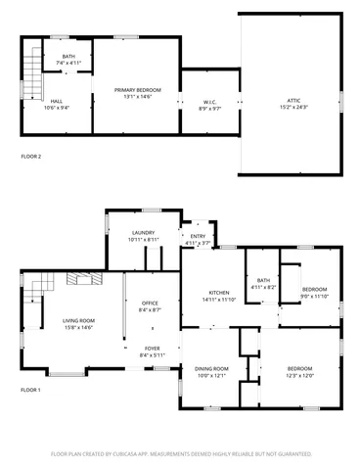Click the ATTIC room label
click(x=292, y=99)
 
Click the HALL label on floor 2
click(x=57, y=101)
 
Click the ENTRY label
click(x=199, y=236)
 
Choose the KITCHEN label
click(x=218, y=294)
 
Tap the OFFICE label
click(x=150, y=304)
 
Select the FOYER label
click(x=153, y=348)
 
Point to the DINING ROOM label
click(x=211, y=368)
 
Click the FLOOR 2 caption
click(x=31, y=156)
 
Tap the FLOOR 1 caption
click(x=31, y=390)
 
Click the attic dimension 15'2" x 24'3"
click(x=292, y=106)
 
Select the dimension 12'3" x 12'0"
click(x=299, y=375)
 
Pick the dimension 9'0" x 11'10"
click(x=314, y=297)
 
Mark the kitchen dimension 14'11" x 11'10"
click(x=218, y=301)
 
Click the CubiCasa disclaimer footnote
click(x=181, y=454)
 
